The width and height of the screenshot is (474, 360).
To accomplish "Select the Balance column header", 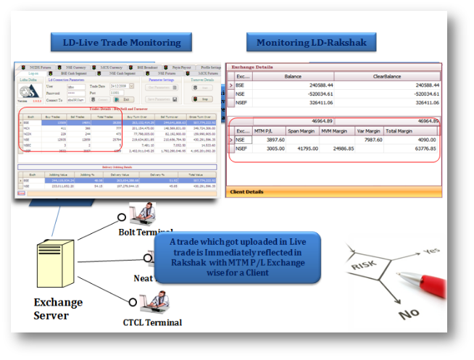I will coord(294,75).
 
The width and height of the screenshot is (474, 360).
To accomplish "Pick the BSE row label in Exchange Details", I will coord(240,85).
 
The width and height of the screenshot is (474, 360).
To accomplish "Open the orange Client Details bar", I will coord(333,193).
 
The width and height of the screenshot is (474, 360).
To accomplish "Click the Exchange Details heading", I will coord(253,67).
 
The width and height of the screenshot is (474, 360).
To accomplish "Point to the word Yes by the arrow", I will coord(431,250).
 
